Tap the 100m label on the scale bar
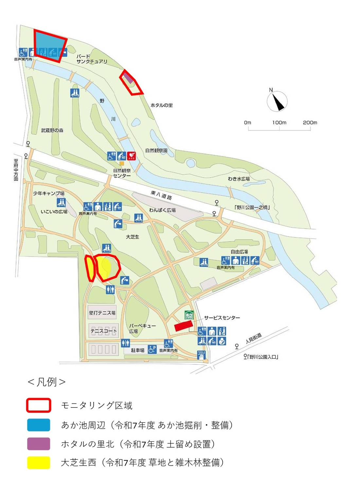[x=279, y=123]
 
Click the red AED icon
[x=131, y=156]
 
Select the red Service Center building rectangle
[x=183, y=326]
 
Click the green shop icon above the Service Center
[x=189, y=315]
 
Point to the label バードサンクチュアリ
[x=92, y=59]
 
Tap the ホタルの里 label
[x=161, y=105]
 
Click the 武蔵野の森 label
[x=52, y=130]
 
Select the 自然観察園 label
[x=156, y=150]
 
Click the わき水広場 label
[x=239, y=179]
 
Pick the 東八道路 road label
[x=161, y=195]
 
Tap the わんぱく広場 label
[x=162, y=210]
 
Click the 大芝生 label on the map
[x=133, y=237]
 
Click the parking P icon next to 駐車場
[x=152, y=349]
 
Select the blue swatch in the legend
[x=39, y=425]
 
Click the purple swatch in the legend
[x=39, y=444]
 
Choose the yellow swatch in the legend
[x=39, y=462]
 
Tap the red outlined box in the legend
[x=39, y=405]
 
